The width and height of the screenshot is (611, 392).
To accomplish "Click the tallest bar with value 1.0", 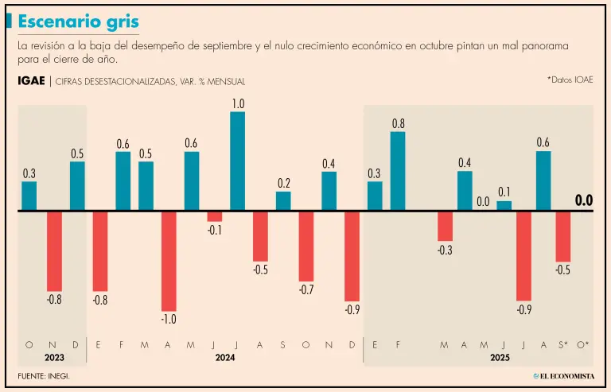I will [237, 161].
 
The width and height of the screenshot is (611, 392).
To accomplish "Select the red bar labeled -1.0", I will [169, 261].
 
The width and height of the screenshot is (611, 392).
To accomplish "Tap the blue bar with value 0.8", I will [398, 171].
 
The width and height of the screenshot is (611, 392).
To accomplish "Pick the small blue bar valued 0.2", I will [283, 201].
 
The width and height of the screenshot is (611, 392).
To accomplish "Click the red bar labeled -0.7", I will [306, 246].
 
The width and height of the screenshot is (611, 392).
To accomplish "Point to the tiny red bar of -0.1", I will [215, 216].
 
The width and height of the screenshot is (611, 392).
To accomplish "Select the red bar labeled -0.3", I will [445, 226].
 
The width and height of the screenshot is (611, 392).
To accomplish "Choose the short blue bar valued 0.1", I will [504, 206].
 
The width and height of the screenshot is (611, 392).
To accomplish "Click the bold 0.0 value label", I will [584, 201].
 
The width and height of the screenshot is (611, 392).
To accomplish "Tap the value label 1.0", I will [238, 104].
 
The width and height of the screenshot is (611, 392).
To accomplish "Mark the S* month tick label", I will [562, 344].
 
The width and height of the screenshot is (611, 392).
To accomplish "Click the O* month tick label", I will [583, 344].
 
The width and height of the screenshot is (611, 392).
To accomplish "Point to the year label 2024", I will [225, 359].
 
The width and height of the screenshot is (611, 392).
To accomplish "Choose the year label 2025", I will [500, 359].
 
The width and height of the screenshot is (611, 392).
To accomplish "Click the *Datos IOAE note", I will [570, 80].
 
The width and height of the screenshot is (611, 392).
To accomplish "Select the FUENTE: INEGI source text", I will [44, 375].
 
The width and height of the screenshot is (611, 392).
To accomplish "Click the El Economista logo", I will [562, 375].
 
